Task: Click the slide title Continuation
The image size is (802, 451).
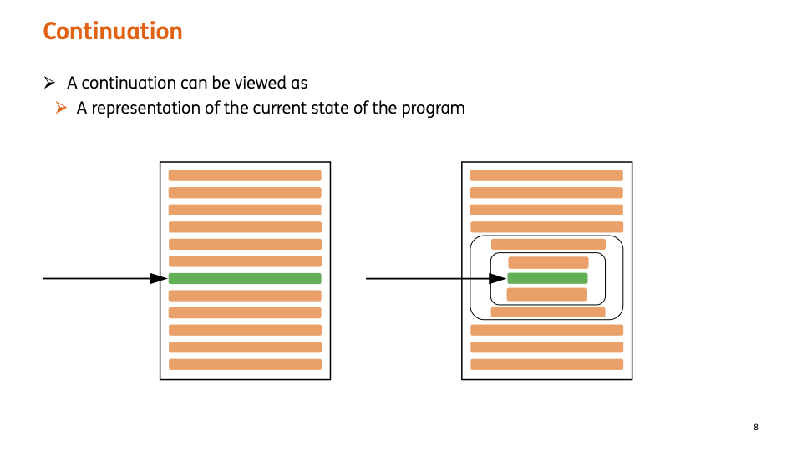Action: pyautogui.click(x=112, y=32)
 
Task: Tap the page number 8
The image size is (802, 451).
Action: pyautogui.click(x=756, y=428)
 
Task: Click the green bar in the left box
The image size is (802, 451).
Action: pyautogui.click(x=245, y=278)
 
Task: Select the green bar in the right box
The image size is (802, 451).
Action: pyautogui.click(x=547, y=278)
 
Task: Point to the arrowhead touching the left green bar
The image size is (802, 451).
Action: pyautogui.click(x=159, y=278)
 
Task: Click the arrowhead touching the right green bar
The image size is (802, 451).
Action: pyautogui.click(x=497, y=278)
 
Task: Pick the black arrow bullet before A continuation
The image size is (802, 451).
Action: pyautogui.click(x=49, y=83)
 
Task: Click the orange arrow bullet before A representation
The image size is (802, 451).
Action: pyautogui.click(x=60, y=108)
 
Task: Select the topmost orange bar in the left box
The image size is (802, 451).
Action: pyautogui.click(x=245, y=175)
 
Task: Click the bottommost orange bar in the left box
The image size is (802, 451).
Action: pyautogui.click(x=245, y=364)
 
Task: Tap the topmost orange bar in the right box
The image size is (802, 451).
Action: pyautogui.click(x=546, y=175)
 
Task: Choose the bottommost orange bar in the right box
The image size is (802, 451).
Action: pyautogui.click(x=546, y=364)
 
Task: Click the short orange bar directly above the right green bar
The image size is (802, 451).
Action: pyautogui.click(x=548, y=262)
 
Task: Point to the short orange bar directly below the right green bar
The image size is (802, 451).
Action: pyautogui.click(x=547, y=294)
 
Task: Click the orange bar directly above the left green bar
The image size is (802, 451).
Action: pyautogui.click(x=245, y=261)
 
